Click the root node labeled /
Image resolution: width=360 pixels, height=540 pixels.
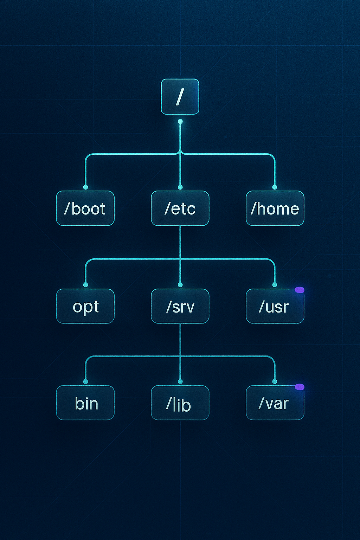tap(180, 97)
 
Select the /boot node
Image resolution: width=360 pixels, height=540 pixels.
tap(85, 208)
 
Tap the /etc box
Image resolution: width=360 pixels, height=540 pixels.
tap(180, 208)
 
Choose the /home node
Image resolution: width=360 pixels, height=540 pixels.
tap(275, 208)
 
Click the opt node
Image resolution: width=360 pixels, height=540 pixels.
tap(85, 306)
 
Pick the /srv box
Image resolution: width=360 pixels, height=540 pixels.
tap(180, 306)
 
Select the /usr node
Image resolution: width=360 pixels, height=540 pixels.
tap(275, 306)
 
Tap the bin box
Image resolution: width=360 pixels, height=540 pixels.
tap(85, 403)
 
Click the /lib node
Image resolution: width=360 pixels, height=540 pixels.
tap(180, 403)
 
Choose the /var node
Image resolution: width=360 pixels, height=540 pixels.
tap(275, 403)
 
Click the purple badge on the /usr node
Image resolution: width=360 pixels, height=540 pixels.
tap(300, 290)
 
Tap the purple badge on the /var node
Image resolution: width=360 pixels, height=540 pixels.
tap(300, 387)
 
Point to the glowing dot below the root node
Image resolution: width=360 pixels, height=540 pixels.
tap(180, 122)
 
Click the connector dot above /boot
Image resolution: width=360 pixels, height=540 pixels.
tap(85, 187)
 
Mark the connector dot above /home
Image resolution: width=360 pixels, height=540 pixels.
tap(275, 187)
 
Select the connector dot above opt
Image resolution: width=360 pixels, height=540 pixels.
tap(85, 285)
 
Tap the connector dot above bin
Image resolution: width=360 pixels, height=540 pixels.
tap(85, 382)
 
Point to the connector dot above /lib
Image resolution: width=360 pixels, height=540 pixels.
tap(180, 382)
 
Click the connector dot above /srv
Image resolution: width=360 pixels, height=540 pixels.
tap(180, 285)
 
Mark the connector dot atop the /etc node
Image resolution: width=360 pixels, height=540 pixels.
tap(180, 187)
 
